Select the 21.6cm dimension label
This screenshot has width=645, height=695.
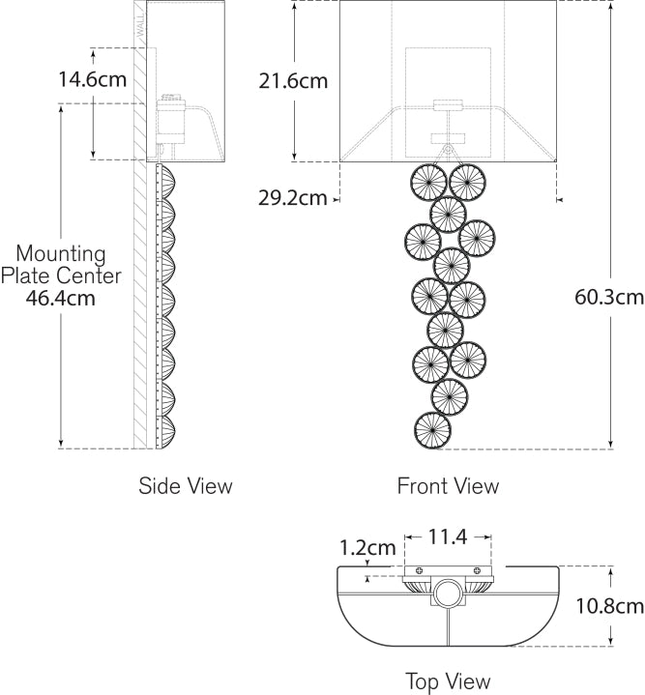tap(293, 81)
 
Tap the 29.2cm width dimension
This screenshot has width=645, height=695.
tap(292, 198)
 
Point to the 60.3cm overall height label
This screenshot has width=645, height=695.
tap(609, 298)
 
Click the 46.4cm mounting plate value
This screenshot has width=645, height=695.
tap(65, 298)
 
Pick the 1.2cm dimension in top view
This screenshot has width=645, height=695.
tap(367, 548)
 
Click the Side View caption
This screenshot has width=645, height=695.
tap(186, 485)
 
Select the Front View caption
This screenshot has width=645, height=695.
tap(448, 485)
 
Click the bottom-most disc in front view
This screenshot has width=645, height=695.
tap(431, 430)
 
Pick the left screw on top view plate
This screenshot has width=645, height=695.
tap(418, 569)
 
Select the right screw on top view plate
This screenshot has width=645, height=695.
tap(477, 569)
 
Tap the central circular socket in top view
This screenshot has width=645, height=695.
tap(448, 592)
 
